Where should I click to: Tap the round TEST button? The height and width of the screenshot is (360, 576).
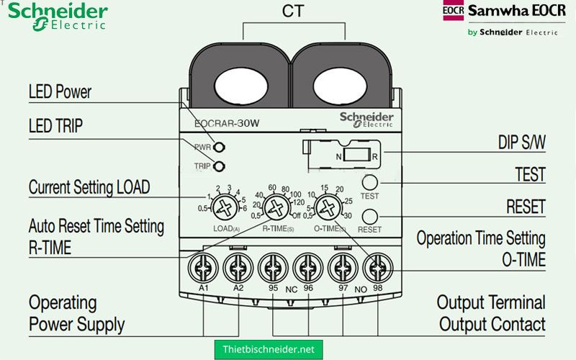pos(369,181)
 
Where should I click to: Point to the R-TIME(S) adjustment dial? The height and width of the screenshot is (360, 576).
pos(274,209)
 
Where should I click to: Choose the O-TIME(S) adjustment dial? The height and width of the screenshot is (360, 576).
pos(328,209)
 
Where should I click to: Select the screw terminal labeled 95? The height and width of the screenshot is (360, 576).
pos(273,267)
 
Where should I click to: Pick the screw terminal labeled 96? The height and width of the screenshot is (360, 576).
pos(307,267)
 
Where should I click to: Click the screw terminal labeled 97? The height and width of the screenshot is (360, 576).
pos(343,267)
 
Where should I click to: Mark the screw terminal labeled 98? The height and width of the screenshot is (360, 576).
pos(377,267)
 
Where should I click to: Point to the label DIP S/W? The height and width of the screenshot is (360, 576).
pos(521,143)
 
